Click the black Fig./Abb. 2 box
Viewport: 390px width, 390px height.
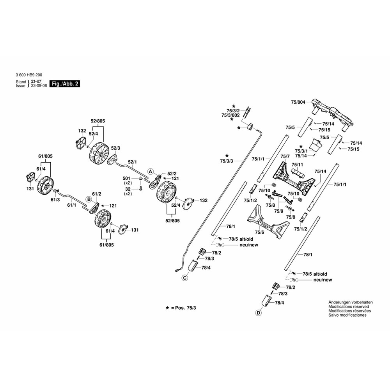65,84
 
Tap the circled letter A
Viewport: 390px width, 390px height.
150,171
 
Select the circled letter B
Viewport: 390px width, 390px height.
89,199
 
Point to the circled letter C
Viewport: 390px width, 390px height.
185,278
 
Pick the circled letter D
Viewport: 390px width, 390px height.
259,313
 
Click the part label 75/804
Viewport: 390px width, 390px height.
298,102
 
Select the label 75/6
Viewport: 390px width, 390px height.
259,232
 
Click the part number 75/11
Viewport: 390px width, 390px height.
297,165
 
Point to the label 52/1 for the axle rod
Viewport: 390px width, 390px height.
132,162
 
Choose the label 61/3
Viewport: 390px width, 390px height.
55,200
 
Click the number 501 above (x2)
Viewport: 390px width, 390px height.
126,178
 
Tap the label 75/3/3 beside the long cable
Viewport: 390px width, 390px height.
227,161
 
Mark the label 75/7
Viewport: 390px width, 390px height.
285,156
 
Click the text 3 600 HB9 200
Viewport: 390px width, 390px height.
29,75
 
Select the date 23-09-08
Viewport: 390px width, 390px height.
39,86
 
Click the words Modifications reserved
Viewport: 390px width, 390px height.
349,307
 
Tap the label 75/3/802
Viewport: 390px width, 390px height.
230,115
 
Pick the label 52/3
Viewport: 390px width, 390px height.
115,148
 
